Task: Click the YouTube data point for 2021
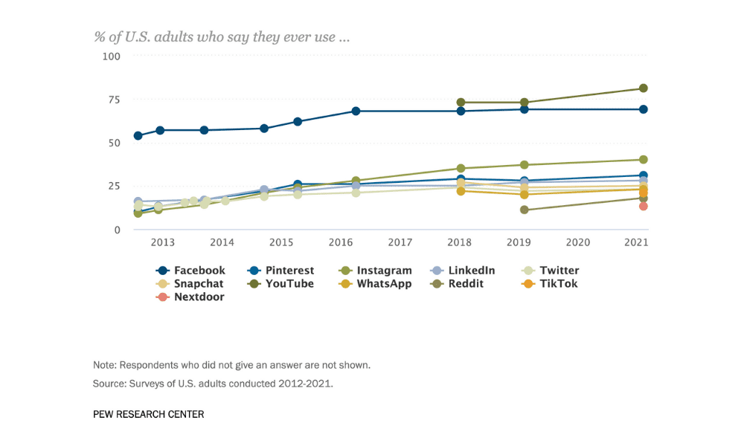point(644,88)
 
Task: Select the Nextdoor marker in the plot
point(644,206)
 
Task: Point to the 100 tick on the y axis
point(110,56)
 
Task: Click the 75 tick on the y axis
point(113,100)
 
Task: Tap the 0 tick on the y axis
point(117,230)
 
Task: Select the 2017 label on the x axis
point(400,242)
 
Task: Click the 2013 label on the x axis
point(163,242)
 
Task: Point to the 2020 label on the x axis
point(578,242)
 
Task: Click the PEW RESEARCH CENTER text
point(148,414)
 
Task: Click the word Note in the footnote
point(105,365)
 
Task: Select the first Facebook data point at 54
point(138,136)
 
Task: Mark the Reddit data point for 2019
point(525,210)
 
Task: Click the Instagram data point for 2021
point(644,160)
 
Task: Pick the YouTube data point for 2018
point(461,103)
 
